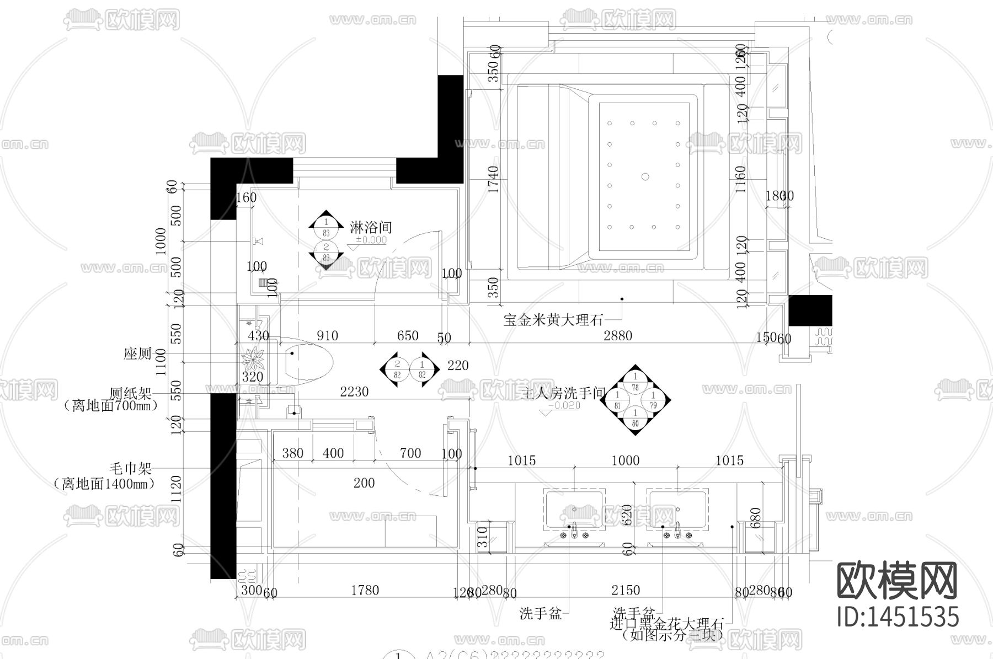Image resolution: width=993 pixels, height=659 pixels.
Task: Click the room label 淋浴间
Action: tap(371, 227)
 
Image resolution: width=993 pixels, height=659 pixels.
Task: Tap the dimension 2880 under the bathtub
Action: tap(617, 336)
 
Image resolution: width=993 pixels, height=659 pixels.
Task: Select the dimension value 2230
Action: tap(354, 392)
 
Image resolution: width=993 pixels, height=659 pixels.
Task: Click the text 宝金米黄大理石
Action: tap(553, 320)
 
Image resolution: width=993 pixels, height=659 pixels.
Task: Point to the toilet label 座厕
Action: tap(137, 353)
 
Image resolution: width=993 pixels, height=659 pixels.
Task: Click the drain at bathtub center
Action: tap(644, 176)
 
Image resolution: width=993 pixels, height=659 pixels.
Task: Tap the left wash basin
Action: tap(574, 511)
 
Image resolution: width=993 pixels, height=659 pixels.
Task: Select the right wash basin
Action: tap(677, 511)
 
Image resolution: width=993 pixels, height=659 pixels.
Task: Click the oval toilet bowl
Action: tap(309, 359)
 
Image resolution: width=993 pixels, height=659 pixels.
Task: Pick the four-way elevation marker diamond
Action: tap(635, 400)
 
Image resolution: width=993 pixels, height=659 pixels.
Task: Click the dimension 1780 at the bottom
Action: tap(365, 591)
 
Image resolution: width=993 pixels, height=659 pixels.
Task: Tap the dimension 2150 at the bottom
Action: tap(626, 591)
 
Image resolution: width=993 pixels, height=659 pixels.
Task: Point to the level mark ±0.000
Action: tap(371, 240)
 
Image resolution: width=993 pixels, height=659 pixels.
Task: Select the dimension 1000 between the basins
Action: tap(625, 460)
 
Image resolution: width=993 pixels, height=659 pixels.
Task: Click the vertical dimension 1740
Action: tap(493, 180)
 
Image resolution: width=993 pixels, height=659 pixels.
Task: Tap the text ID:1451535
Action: tap(898, 617)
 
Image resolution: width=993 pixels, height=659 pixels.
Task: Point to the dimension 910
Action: tap(327, 336)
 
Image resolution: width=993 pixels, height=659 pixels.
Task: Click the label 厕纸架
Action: tap(130, 394)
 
